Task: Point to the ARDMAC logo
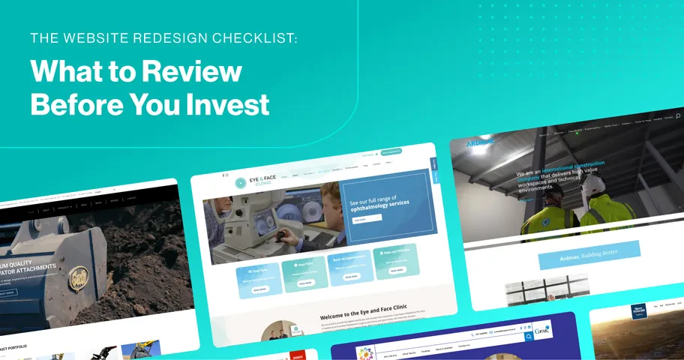pyautogui.click(x=480, y=142)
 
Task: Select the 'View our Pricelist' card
pyautogui.click(x=395, y=261)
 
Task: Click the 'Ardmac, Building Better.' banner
pyautogui.click(x=589, y=255)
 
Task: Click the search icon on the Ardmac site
pyautogui.click(x=678, y=116)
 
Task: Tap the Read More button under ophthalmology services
pyautogui.click(x=361, y=220)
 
